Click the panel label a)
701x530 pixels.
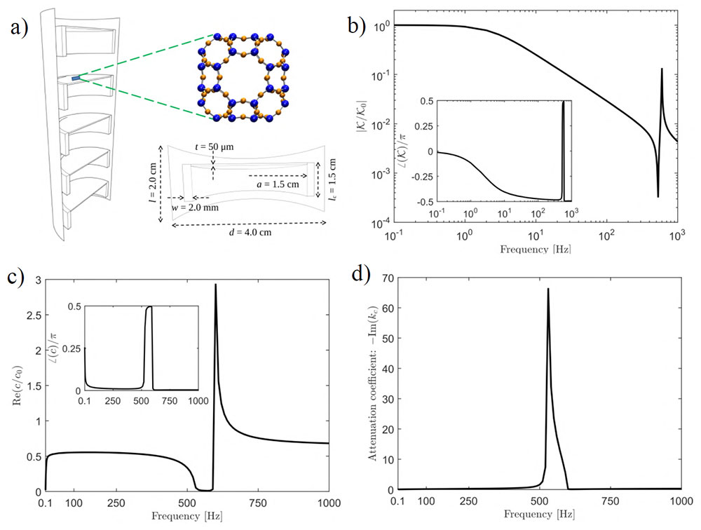tap(20, 30)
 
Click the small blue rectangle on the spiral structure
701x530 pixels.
tap(76, 79)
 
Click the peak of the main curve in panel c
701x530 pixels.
tap(215, 285)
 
